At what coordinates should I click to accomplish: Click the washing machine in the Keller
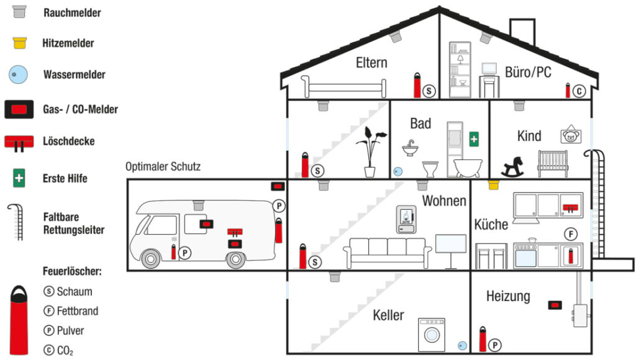point(431,335)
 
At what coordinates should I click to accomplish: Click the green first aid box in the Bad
point(474,138)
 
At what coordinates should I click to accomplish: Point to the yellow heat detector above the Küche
point(494,184)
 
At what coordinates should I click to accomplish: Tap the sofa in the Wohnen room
point(388,252)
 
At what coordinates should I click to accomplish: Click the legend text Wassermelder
point(74,74)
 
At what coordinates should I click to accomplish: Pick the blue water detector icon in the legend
point(19,74)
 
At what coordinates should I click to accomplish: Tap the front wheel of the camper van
point(151,258)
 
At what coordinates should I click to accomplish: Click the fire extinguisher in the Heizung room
point(483,340)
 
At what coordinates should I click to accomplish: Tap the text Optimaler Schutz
point(163,166)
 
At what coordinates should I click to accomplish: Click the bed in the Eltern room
point(343,86)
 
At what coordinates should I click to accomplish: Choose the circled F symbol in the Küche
point(570,234)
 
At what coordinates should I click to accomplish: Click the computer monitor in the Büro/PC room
point(489,68)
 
